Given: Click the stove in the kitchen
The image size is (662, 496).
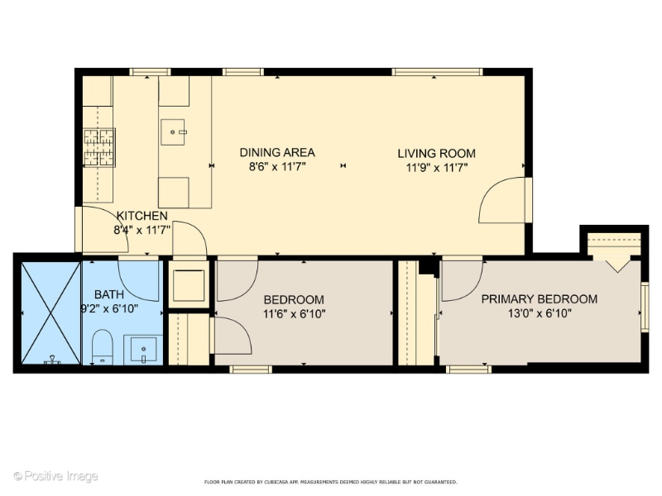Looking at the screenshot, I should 98,147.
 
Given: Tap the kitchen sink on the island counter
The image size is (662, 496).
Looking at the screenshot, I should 174,131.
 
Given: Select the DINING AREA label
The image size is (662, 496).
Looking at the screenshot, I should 277,152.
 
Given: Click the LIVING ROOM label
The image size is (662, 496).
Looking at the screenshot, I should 436,153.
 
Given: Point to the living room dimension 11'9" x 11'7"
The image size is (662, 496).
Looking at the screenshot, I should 436,167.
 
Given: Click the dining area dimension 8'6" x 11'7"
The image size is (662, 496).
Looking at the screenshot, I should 277,166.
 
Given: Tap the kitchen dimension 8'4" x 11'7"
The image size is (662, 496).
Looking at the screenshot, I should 142,230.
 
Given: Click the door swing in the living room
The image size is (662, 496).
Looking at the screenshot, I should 503,201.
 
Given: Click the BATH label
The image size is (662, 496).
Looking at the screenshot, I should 108,294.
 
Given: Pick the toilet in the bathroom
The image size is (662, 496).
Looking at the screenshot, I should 102,348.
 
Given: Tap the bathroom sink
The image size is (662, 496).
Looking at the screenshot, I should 143,351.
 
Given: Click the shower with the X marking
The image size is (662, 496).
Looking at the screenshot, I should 50,312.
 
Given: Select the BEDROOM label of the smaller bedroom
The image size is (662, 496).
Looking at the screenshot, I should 294,299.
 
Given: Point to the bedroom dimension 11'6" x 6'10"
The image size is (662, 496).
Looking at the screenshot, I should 294,313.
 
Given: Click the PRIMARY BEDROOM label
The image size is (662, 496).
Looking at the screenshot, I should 539,299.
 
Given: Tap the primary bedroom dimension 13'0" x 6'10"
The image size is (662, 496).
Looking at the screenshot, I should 539,313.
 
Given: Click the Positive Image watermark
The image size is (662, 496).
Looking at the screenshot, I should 55,476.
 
